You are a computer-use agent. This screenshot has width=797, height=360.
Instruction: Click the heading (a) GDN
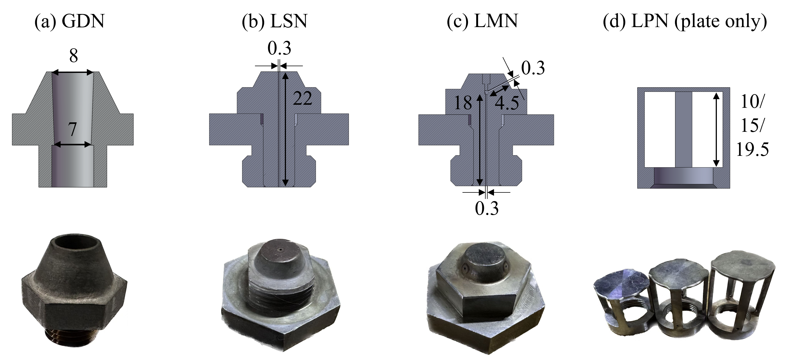[70, 21]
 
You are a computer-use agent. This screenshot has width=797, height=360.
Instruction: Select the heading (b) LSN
[275, 21]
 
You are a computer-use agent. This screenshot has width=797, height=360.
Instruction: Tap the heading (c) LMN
[482, 21]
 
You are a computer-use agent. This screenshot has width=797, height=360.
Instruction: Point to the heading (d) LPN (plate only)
[685, 21]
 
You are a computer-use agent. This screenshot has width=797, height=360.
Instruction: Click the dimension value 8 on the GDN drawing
[73, 56]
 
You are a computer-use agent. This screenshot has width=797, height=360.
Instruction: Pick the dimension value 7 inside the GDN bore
[72, 129]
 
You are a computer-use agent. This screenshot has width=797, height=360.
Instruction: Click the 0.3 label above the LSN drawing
[279, 48]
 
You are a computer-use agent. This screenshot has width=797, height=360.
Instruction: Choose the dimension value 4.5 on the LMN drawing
[507, 103]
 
